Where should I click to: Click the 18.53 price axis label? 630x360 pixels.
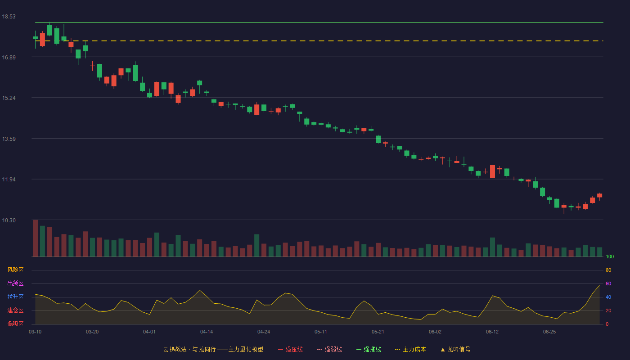pyautogui.click(x=9, y=17)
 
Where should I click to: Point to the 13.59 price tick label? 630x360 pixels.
pyautogui.click(x=9, y=139)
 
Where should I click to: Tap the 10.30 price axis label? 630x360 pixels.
pyautogui.click(x=9, y=220)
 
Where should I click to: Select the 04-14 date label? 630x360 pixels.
pyautogui.click(x=207, y=332)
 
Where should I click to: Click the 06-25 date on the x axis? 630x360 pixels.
pyautogui.click(x=549, y=332)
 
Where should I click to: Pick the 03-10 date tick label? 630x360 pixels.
pyautogui.click(x=35, y=332)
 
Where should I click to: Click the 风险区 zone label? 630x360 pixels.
pyautogui.click(x=15, y=270)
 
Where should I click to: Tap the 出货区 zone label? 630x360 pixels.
pyautogui.click(x=15, y=283)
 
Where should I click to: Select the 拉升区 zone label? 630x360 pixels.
pyautogui.click(x=15, y=297)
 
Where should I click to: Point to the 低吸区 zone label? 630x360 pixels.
pyautogui.click(x=15, y=324)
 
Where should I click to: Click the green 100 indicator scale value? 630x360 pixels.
pyautogui.click(x=610, y=256)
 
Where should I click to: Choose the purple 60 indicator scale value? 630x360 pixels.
pyautogui.click(x=608, y=283)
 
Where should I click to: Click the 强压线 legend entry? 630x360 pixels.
pyautogui.click(x=290, y=349)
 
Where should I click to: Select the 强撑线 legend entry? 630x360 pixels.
pyautogui.click(x=369, y=349)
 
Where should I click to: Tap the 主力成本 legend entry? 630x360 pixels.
pyautogui.click(x=410, y=349)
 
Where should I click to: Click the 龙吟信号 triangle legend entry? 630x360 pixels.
pyautogui.click(x=455, y=349)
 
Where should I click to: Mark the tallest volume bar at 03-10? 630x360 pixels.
pyautogui.click(x=35, y=238)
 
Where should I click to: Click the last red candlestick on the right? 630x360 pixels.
pyautogui.click(x=599, y=196)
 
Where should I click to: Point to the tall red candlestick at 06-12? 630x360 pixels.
pyautogui.click(x=492, y=171)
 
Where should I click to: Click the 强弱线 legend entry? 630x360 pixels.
pyautogui.click(x=329, y=349)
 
